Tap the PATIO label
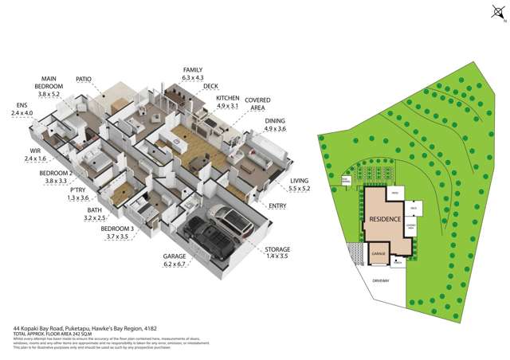click(x=84, y=80)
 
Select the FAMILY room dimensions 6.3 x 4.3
click(x=194, y=78)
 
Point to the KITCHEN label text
click(x=228, y=98)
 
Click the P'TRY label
click(x=77, y=191)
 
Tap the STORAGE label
click(x=277, y=249)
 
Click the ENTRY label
click(x=278, y=206)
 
